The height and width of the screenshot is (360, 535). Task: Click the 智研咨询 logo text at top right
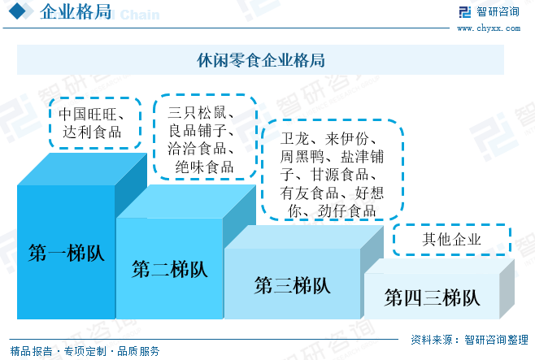(x=498, y=12)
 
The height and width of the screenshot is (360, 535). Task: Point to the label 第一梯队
(x=66, y=252)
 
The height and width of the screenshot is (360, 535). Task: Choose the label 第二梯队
(x=169, y=269)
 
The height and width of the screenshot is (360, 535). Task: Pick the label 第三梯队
(x=292, y=285)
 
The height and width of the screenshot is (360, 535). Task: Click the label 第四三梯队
(x=431, y=297)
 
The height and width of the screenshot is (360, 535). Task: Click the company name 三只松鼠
(x=200, y=112)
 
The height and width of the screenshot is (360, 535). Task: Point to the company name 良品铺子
(x=200, y=130)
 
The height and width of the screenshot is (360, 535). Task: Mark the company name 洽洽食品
(x=200, y=148)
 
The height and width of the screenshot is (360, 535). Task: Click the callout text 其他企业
(x=452, y=240)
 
